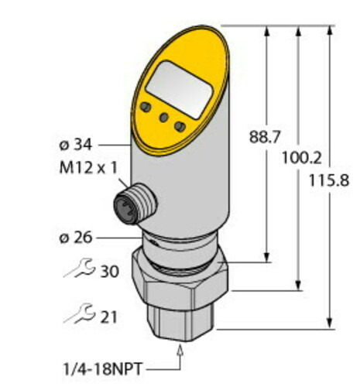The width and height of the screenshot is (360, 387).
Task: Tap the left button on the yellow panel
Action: pos(144,106)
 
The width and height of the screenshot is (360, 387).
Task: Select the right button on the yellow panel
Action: pos(180,125)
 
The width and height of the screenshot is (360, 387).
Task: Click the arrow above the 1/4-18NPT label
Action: pos(183,351)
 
